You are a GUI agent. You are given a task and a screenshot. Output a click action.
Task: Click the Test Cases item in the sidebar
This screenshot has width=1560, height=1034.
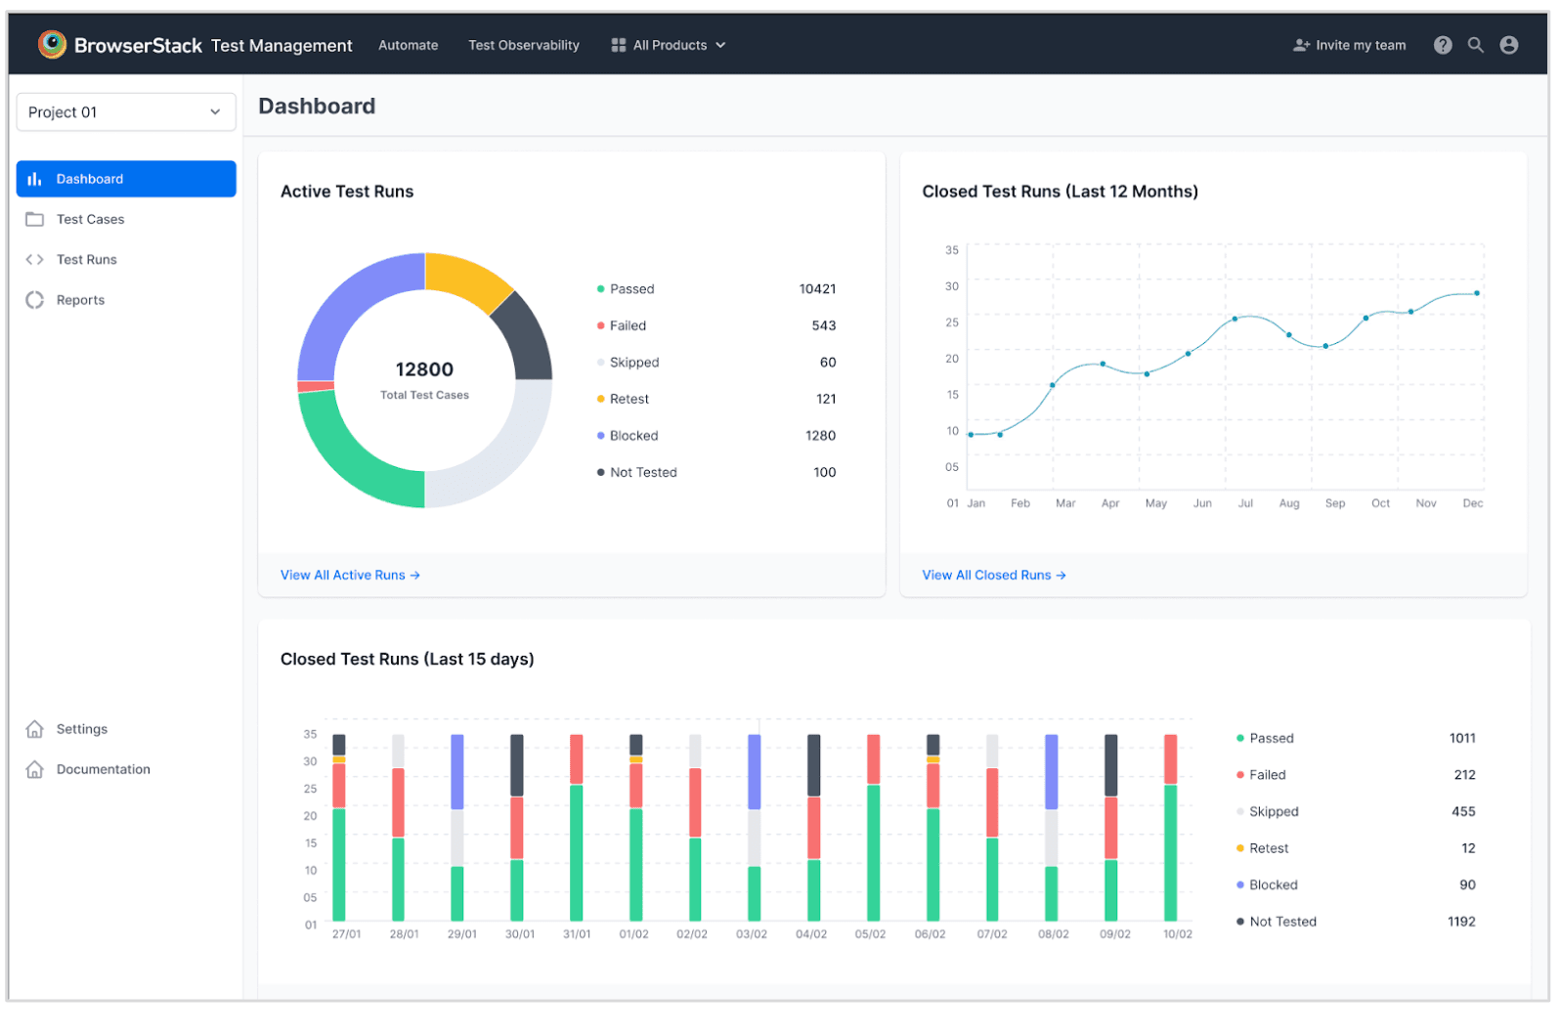(90, 220)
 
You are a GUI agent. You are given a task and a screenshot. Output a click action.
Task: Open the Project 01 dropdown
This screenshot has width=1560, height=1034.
(126, 112)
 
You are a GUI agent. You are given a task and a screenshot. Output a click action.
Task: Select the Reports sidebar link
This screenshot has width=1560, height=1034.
(80, 301)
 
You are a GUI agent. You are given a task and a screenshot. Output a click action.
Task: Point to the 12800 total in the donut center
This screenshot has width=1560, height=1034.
(425, 370)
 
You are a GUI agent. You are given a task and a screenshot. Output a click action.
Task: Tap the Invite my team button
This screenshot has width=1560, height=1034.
(1351, 45)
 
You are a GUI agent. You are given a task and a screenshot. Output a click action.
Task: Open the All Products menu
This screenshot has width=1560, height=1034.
(670, 45)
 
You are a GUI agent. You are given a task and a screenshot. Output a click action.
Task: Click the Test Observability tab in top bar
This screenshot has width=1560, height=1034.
(524, 45)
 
